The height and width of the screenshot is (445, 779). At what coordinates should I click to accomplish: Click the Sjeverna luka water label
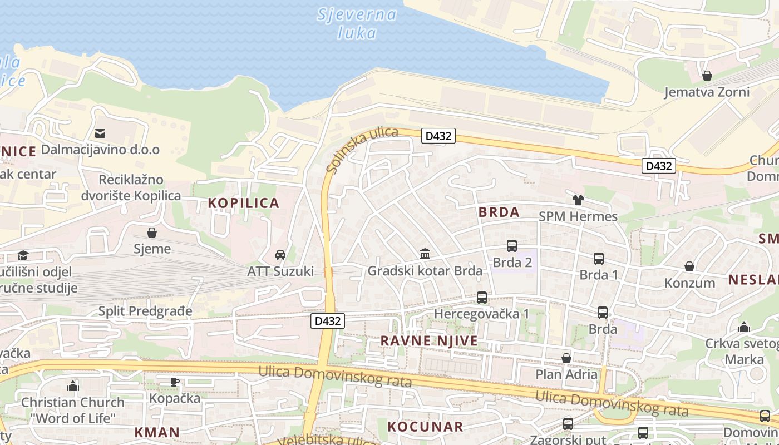point(357,23)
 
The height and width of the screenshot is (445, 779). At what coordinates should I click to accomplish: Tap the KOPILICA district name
point(244,203)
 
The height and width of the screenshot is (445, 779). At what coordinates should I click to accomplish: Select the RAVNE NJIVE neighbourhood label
point(429,340)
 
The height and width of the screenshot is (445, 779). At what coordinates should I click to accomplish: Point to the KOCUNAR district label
point(425,427)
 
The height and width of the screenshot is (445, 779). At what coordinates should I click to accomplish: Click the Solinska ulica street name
point(362,149)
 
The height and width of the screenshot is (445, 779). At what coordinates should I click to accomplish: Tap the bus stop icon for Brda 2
point(512,245)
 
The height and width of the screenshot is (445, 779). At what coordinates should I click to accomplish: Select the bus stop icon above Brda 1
point(599,258)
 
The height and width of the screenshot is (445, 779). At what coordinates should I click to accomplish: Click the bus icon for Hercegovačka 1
point(482,298)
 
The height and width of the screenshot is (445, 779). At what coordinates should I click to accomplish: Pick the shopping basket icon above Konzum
point(689,266)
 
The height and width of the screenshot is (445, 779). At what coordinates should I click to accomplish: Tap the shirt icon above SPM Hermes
point(578,200)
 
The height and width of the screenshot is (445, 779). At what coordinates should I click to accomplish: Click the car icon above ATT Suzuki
point(280,255)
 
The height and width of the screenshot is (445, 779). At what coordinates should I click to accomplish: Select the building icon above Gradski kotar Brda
point(425,254)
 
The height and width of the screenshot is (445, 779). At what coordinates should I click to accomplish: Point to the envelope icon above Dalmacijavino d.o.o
point(100,133)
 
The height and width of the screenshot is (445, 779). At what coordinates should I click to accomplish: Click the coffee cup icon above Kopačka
point(174,382)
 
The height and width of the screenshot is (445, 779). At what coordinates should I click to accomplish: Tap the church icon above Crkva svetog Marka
point(743,327)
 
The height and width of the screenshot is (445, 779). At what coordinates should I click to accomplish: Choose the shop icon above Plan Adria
point(566,358)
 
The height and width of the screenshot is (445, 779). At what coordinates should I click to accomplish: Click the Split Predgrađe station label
point(145,311)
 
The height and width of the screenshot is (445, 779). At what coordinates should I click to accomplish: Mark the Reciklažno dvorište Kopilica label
point(131,187)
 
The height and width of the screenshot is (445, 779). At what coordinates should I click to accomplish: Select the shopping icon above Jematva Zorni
point(707,75)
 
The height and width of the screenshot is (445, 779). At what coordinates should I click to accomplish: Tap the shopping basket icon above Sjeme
point(152,232)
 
